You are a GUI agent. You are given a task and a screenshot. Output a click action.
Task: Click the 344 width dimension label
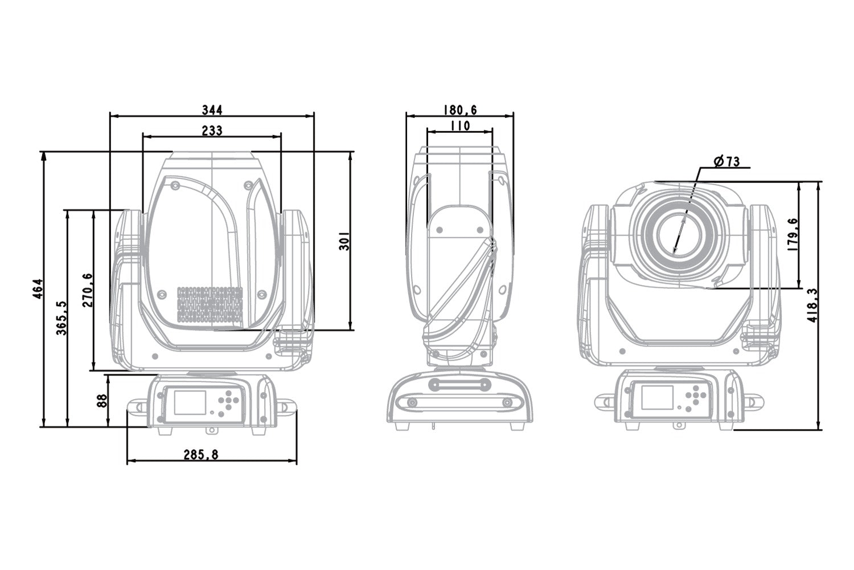(212, 108)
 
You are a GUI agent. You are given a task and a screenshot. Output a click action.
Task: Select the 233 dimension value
(212, 130)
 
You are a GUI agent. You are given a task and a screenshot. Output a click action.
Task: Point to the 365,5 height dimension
(61, 317)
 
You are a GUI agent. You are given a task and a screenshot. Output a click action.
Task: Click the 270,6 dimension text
(87, 290)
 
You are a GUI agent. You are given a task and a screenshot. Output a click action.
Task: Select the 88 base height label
(101, 400)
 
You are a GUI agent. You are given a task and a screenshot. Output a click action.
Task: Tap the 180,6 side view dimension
(459, 108)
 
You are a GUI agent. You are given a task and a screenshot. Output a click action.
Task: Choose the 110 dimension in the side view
(459, 125)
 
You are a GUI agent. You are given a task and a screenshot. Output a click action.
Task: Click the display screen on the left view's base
(188, 401)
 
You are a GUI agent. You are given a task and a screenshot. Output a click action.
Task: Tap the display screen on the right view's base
(657, 397)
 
